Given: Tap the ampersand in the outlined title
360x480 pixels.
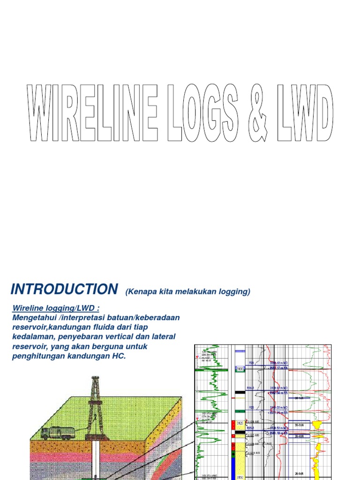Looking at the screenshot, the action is point(256,113).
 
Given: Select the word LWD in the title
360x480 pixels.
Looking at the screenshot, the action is point(305,113).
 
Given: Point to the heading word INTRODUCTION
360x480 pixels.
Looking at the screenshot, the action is point(64,289).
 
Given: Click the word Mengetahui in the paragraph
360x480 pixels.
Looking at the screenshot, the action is point(34,318).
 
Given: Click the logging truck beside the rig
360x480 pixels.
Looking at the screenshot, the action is point(57,433).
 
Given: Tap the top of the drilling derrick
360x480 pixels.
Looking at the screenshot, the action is point(95,379).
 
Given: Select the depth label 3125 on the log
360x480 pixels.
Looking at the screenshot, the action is point(240,423).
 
